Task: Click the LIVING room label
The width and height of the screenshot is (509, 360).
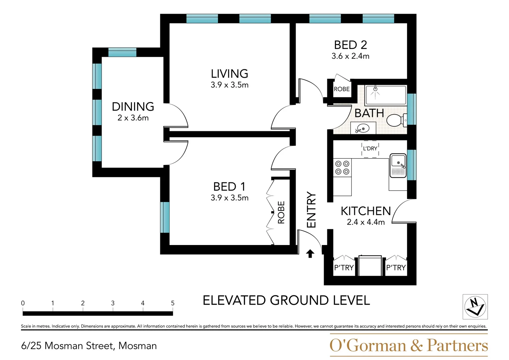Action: coord(230,74)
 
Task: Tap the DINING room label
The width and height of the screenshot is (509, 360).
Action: coord(133,107)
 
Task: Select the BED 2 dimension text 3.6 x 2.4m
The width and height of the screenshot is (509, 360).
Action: coord(350,56)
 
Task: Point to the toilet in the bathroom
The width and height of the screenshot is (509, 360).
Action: coord(397,120)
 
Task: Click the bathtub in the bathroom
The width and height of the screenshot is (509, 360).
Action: coord(386,95)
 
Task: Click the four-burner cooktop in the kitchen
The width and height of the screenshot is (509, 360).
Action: coord(342,168)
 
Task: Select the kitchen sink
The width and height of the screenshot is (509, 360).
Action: coord(398,165)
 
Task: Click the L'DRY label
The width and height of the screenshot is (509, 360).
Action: coord(370,149)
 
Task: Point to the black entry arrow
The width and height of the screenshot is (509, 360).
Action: coord(310,254)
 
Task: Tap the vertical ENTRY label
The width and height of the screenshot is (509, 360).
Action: coord(312,210)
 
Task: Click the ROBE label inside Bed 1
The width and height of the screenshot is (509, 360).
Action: coord(281,213)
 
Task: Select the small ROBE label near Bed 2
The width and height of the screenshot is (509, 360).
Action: coord(342,89)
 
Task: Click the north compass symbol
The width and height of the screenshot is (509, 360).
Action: coord(475,307)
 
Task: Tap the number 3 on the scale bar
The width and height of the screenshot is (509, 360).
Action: coord(113,303)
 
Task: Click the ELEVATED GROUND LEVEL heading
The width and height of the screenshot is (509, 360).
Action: coord(286,300)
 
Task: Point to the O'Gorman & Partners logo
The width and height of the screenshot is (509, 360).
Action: coord(409,345)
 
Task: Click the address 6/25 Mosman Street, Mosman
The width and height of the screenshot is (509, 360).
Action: coord(89,346)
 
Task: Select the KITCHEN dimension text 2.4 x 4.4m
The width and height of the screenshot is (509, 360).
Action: coord(366,222)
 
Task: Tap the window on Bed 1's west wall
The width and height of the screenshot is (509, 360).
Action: coord(165,217)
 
